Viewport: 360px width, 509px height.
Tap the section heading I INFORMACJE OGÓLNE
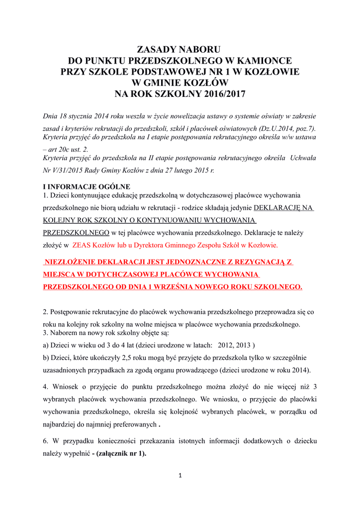tap(87, 187)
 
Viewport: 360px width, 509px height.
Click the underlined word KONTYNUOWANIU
tap(181, 220)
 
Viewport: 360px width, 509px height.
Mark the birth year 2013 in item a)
tap(244, 345)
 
